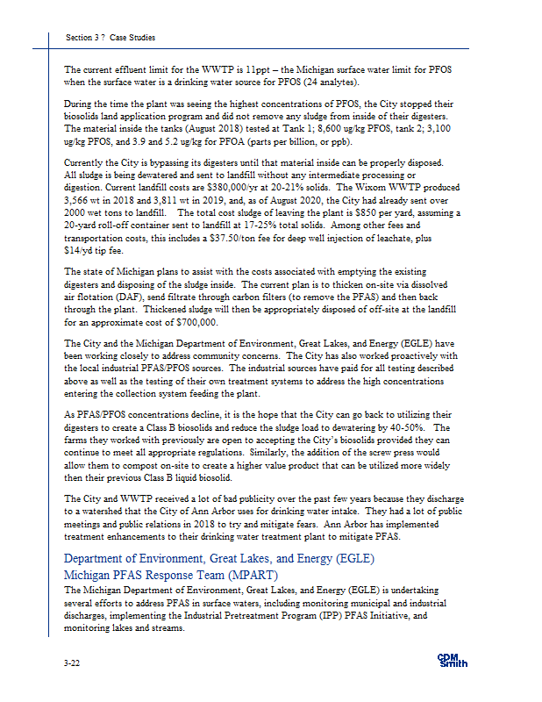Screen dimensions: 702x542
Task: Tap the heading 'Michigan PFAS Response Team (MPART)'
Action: tap(171, 574)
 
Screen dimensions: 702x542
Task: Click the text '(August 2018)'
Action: tap(202, 128)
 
